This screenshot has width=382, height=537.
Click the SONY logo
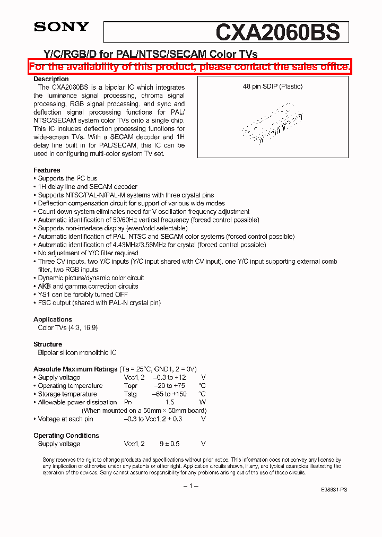62,27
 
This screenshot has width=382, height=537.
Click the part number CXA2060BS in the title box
277,32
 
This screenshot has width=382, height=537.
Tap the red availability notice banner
190,67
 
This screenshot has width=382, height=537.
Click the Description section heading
51,79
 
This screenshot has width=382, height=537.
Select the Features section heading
47,170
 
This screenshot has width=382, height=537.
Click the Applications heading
53,319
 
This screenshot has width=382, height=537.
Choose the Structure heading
48,344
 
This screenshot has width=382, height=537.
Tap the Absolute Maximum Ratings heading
75,369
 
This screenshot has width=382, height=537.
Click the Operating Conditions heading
66,436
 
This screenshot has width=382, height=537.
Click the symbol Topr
131,386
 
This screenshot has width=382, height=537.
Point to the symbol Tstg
130,394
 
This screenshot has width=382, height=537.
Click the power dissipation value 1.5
169,402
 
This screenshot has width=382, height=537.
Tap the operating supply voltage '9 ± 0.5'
169,444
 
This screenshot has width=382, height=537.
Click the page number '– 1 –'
190,487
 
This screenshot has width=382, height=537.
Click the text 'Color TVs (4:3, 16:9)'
68,328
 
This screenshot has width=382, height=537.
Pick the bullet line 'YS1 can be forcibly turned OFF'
83,295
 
